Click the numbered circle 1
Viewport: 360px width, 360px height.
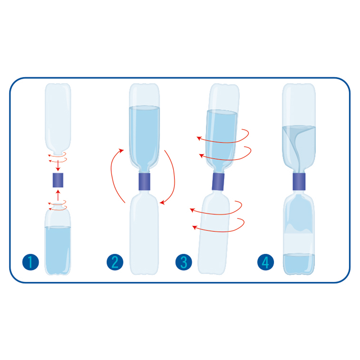pos(31,262)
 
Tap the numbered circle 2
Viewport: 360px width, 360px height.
pos(115,262)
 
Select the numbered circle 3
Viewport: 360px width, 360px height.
pos(184,262)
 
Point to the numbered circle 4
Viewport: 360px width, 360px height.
pos(265,262)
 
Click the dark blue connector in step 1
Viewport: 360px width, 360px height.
pos(58,180)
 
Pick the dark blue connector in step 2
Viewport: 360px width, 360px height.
pos(144,181)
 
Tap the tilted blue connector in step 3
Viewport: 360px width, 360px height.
pos(218,181)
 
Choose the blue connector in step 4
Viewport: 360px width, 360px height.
pos(299,181)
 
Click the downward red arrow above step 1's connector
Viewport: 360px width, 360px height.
pos(58,166)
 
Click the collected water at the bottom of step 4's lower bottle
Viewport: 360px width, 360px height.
pos(299,264)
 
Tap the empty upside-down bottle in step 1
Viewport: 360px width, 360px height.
pos(58,119)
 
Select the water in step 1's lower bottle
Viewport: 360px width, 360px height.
pos(58,250)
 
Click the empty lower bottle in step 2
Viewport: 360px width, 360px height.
pos(144,233)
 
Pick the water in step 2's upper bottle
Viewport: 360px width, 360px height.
pos(144,138)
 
